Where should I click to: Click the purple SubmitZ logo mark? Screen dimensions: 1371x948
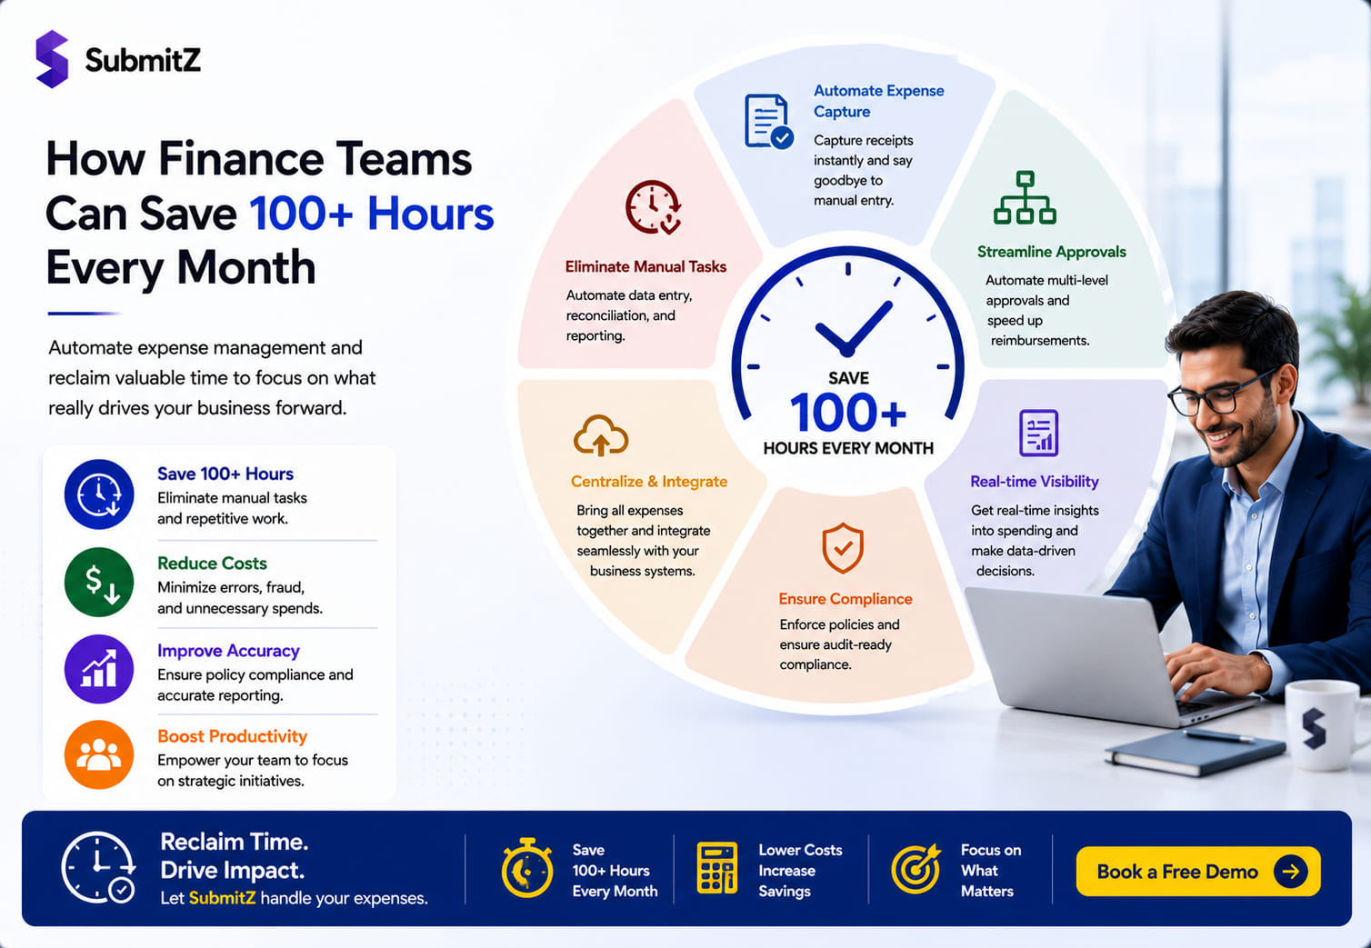[52, 59]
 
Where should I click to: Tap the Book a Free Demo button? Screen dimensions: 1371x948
[1197, 871]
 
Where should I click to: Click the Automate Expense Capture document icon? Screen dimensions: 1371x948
[768, 121]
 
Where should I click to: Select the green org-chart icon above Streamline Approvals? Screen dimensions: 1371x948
[1025, 197]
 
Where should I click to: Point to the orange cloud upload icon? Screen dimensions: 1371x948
[600, 435]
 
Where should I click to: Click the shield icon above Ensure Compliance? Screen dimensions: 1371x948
[843, 548]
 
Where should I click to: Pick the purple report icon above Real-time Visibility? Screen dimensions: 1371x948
[1038, 433]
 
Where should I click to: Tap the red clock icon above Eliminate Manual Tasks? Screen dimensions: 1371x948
[653, 207]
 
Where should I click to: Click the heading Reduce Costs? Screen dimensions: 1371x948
[212, 563]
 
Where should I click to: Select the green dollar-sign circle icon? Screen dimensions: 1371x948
[98, 582]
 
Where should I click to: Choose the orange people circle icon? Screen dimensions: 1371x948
[98, 754]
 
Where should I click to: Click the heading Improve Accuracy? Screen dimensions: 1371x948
[228, 651]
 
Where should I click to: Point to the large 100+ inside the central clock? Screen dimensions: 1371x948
[847, 413]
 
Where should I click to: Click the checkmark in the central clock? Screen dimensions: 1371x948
[853, 329]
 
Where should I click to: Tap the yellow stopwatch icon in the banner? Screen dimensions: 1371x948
[527, 868]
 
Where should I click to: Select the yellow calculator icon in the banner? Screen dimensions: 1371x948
[716, 868]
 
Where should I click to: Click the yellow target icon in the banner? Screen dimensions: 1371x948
[916, 868]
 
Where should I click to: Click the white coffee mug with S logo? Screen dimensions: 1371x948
[1326, 724]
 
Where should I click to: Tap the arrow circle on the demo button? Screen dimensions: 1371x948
[1290, 871]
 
